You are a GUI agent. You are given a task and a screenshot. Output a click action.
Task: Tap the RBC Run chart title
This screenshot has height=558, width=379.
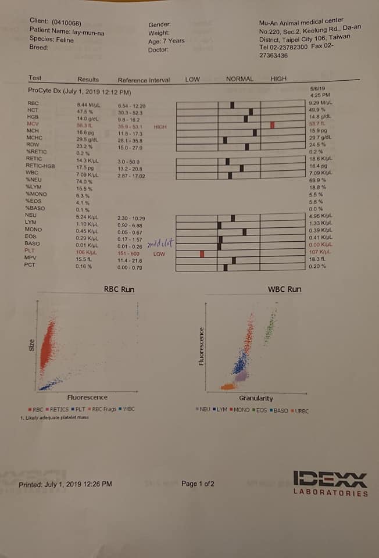point(119,289)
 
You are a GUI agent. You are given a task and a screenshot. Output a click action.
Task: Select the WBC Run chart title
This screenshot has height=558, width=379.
point(284,289)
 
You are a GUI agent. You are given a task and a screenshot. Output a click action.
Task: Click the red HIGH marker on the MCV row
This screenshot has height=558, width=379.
point(272,125)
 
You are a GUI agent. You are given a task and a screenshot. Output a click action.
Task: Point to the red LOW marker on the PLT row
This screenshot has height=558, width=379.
point(202,253)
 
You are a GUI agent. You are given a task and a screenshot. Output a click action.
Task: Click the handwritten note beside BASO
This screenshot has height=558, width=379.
point(160,241)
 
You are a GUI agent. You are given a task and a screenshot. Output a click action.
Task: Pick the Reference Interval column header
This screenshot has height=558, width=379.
point(144,80)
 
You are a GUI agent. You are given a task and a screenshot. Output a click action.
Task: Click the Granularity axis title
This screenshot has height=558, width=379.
point(256,398)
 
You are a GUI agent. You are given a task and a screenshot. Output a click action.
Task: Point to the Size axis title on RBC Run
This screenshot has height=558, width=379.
point(32,345)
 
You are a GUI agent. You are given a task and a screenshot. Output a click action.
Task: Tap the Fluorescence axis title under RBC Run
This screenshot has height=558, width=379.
point(87,398)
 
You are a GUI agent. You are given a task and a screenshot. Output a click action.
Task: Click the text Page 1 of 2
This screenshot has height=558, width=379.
point(198,484)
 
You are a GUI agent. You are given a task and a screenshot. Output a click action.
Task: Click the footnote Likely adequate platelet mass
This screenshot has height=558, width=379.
point(55,417)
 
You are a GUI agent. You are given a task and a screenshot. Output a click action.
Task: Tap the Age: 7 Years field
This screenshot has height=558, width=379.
point(166,41)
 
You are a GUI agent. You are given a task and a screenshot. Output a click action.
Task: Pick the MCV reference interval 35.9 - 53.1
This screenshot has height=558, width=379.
point(131,126)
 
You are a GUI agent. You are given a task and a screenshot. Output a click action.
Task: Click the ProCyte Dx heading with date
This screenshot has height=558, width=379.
point(79,91)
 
